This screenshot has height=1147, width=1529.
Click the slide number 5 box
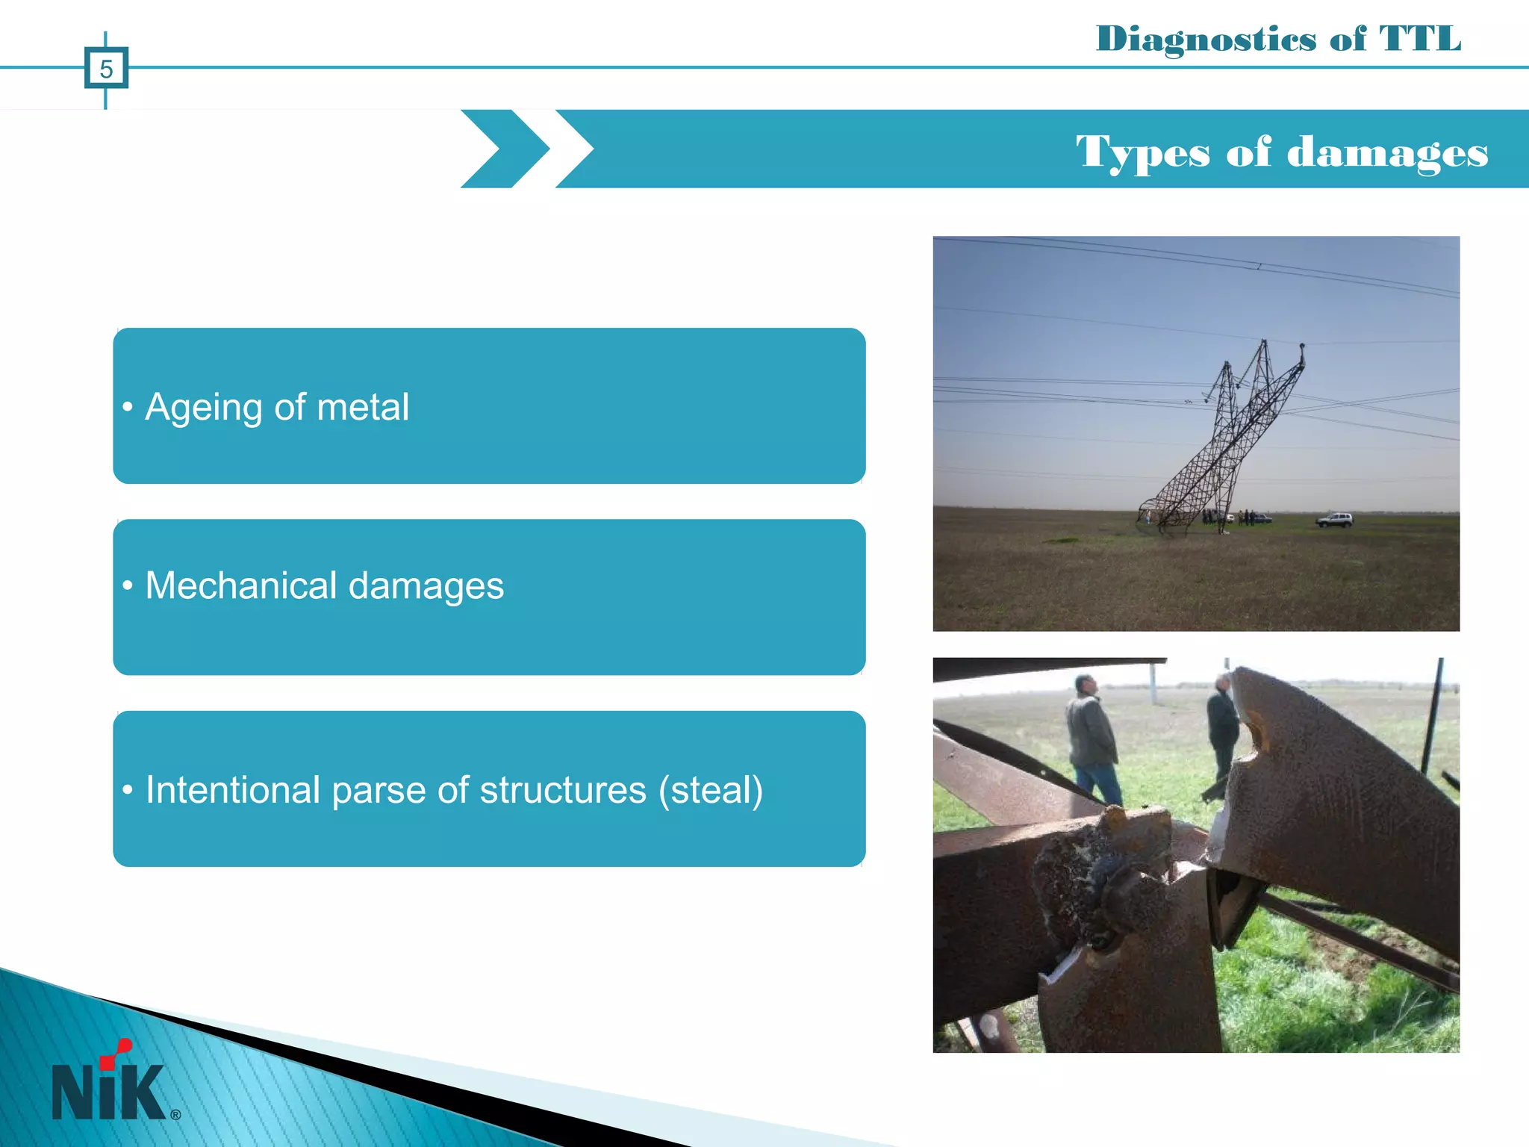point(106,69)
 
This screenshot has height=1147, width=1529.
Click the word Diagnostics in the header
point(1205,39)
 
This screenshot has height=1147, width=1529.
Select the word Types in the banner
point(1142,153)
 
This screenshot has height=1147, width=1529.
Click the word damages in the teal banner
point(1387,153)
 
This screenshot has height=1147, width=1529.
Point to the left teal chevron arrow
point(505,149)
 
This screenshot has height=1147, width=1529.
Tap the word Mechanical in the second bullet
point(240,585)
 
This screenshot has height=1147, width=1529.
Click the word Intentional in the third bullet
point(232,790)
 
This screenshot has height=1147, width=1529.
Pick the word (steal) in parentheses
point(710,790)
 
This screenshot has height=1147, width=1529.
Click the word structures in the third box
point(563,790)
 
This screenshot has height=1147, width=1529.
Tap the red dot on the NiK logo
point(124,1045)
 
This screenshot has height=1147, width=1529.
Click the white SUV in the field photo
point(1334,520)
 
